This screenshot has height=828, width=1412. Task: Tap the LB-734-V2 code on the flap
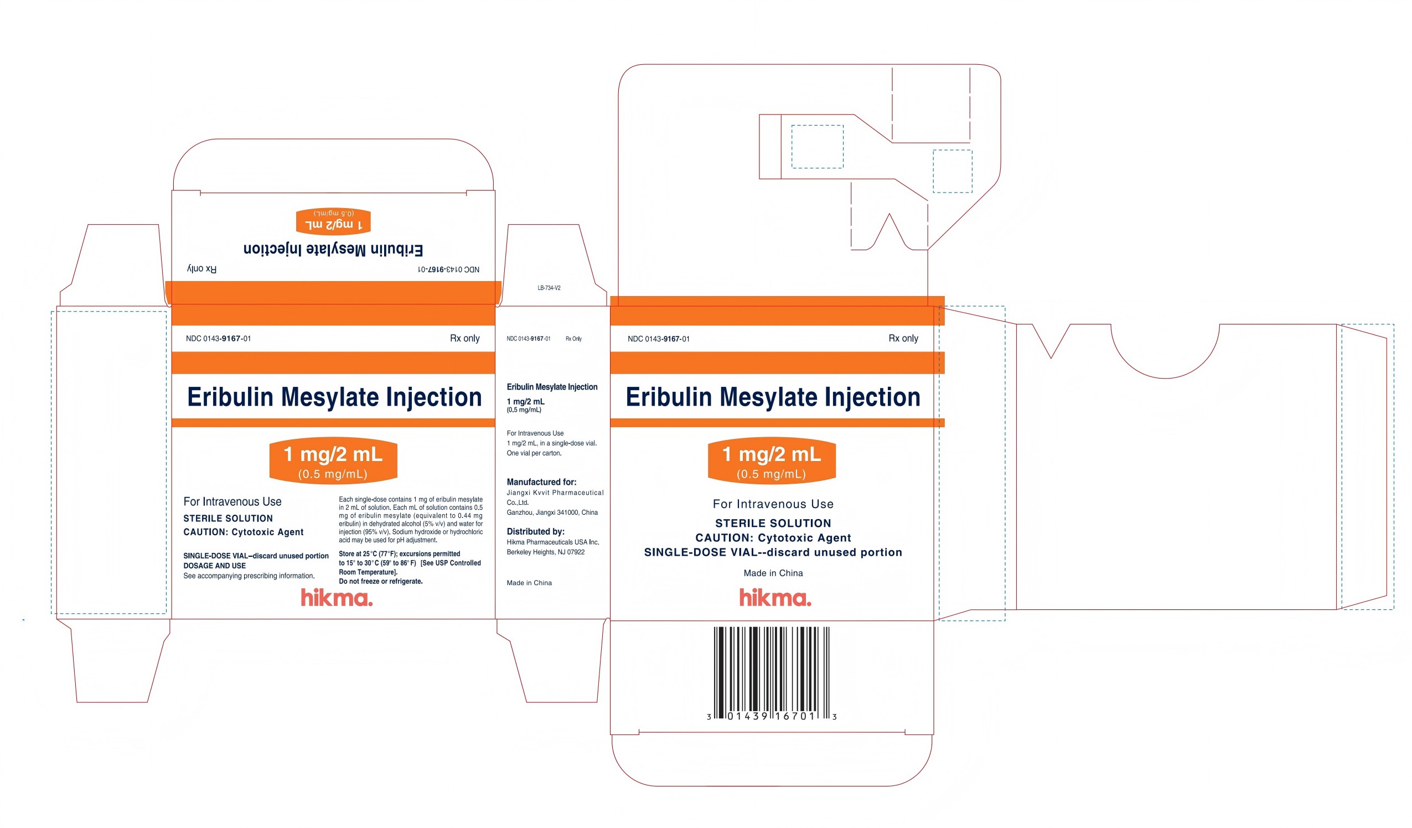coord(549,288)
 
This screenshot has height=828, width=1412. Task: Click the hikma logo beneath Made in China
coord(775,598)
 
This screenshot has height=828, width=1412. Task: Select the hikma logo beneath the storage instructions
coord(337,598)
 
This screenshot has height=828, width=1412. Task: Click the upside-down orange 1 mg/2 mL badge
coord(333,221)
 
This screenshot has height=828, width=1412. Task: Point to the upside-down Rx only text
coord(201,269)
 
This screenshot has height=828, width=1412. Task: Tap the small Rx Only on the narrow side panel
coord(574,339)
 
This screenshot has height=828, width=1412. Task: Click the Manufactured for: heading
coord(541,482)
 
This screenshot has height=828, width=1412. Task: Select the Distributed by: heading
coord(536,532)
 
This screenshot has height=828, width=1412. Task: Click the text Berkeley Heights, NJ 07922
coord(546,552)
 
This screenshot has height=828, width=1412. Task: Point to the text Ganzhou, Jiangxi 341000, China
coord(552,513)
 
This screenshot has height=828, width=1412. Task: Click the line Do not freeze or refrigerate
coord(381,582)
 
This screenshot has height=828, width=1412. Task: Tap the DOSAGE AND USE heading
coord(215,566)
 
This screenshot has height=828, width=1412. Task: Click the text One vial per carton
coord(534,453)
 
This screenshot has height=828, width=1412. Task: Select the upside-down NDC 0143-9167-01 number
coord(449,270)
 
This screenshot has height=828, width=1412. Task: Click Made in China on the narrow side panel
coord(530,583)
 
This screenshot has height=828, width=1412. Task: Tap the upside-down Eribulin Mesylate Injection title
coord(333,249)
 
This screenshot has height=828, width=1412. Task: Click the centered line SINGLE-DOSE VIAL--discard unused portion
coord(773,552)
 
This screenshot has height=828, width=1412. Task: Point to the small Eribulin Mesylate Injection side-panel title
coord(552,387)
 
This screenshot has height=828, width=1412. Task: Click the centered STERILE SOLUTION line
coord(773,523)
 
